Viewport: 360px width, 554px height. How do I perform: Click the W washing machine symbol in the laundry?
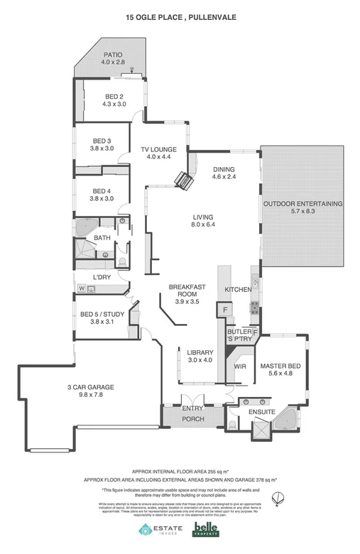(x=82, y=288)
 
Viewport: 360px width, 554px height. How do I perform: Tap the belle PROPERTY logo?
(x=206, y=529)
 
